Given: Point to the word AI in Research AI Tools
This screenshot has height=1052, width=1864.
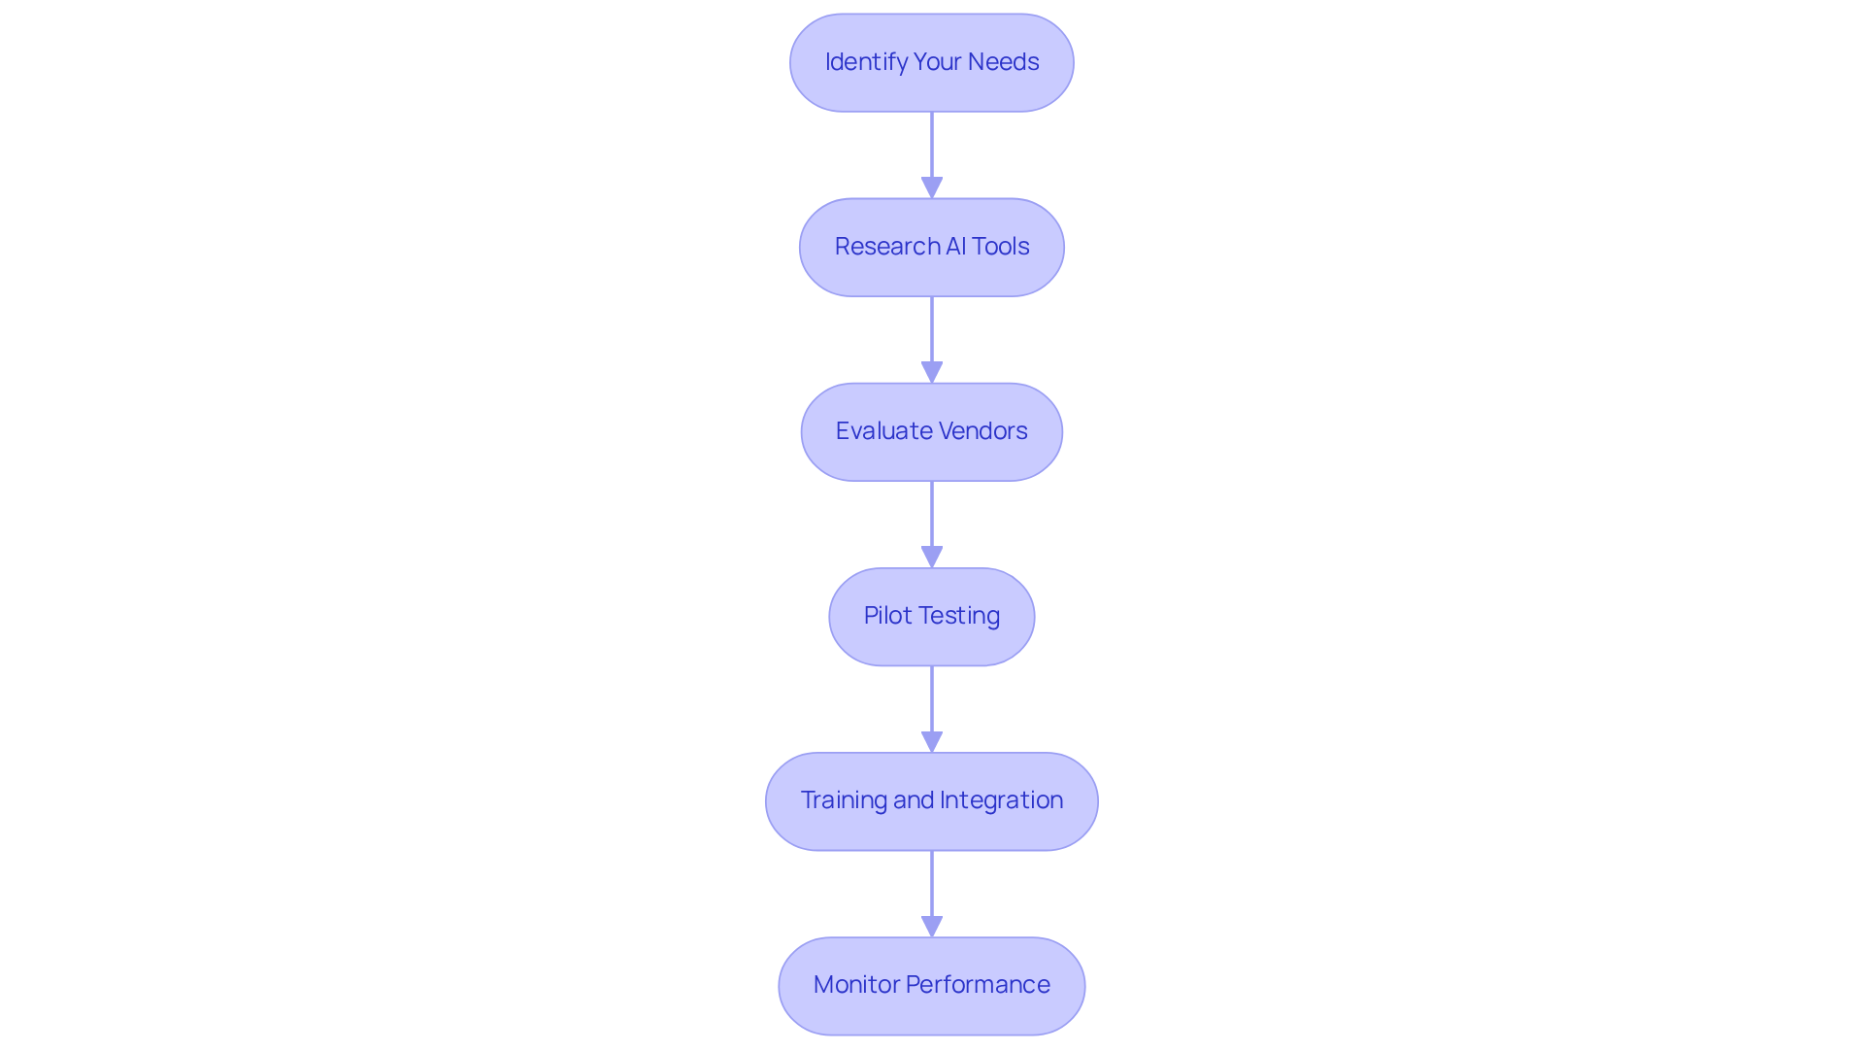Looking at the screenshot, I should (955, 247).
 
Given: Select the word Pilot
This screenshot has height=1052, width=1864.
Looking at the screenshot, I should (887, 616).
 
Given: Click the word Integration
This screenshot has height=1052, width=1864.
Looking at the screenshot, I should (1001, 800).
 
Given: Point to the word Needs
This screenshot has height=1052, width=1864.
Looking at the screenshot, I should (1003, 62).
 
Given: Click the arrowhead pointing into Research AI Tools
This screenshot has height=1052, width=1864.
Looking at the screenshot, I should (932, 187).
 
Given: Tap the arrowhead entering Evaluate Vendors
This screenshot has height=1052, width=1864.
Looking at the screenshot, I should (932, 372).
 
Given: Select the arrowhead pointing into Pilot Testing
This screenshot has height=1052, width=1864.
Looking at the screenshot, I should (932, 557).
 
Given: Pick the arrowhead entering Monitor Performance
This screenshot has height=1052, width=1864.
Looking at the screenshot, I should (932, 926).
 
